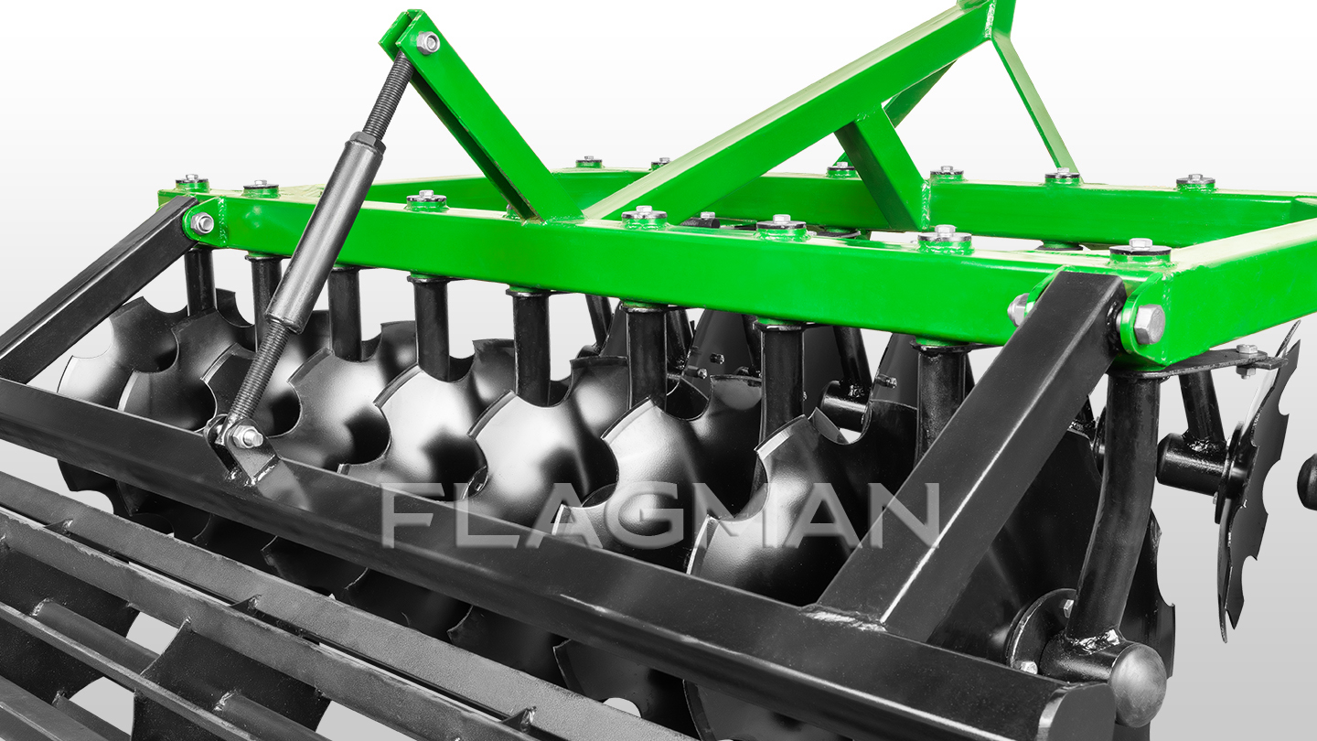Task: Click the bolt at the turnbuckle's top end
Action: pyautogui.click(x=427, y=42)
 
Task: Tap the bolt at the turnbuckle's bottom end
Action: pyautogui.click(x=247, y=436)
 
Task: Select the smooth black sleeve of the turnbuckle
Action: pyautogui.click(x=325, y=231)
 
